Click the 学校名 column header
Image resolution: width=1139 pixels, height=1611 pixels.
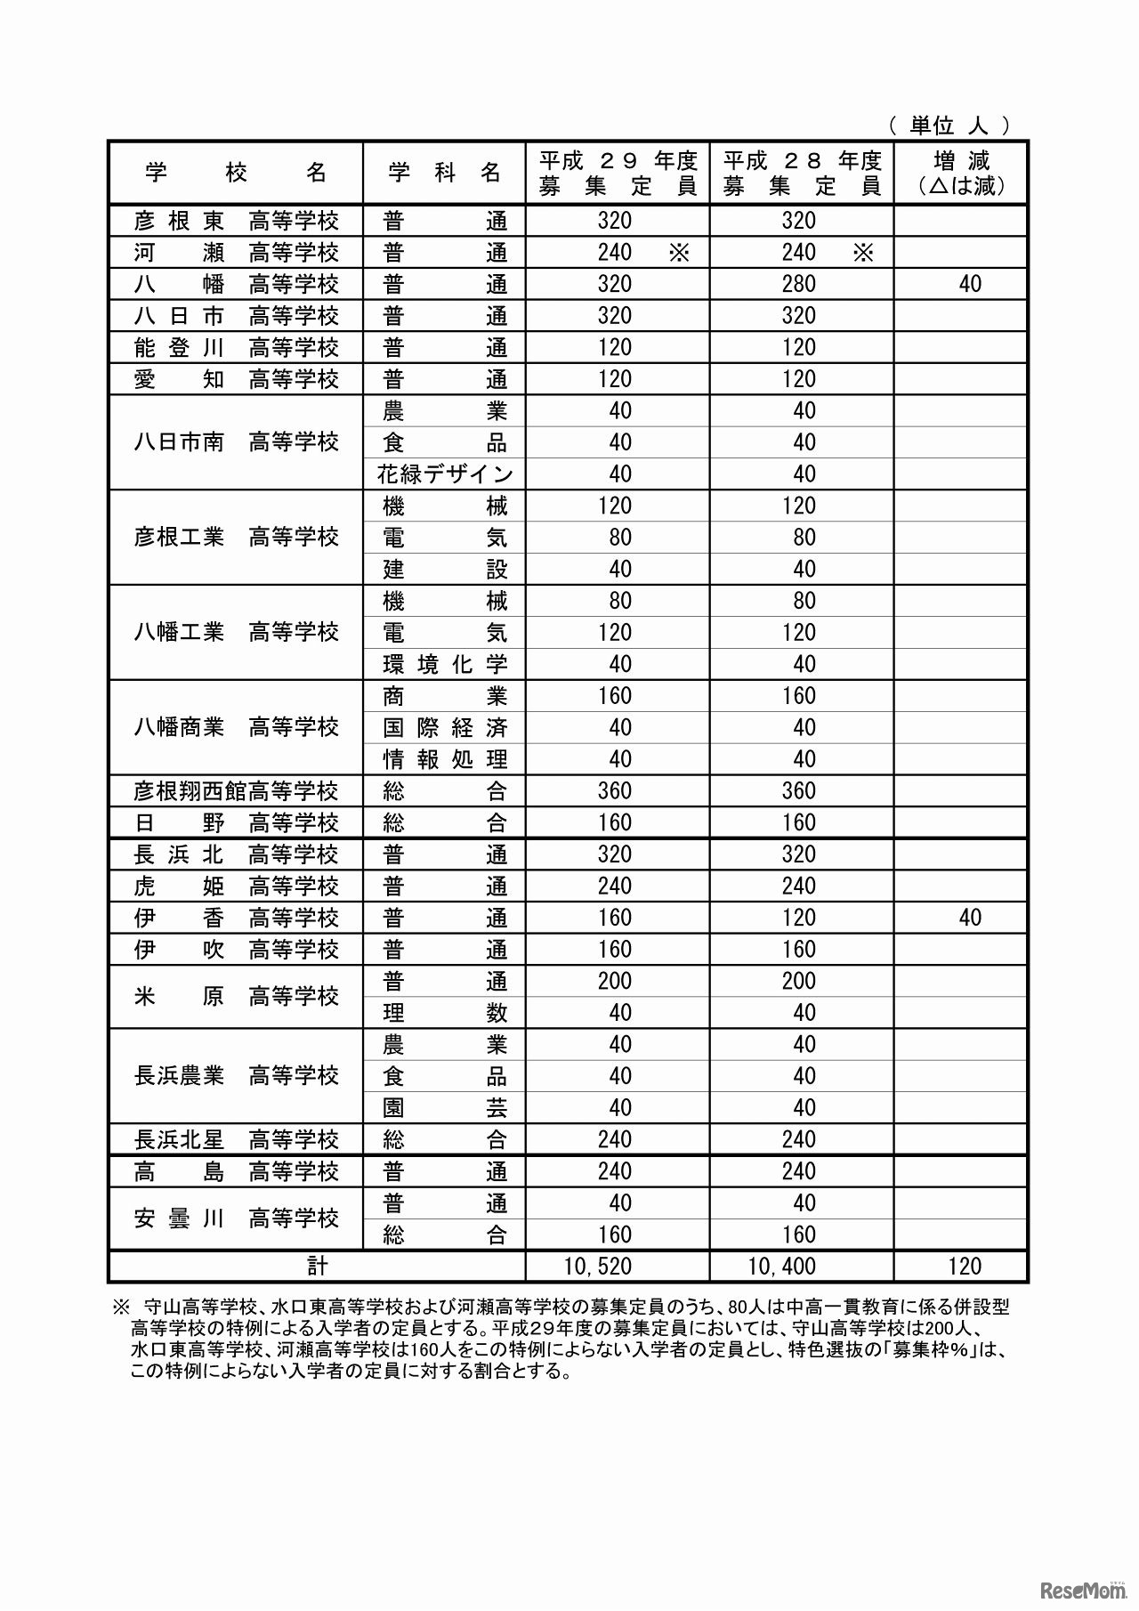(x=236, y=173)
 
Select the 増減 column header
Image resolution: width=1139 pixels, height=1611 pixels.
(x=961, y=173)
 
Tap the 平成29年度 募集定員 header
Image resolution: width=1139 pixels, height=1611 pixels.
(x=618, y=173)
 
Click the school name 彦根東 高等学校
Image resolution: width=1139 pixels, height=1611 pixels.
(x=236, y=220)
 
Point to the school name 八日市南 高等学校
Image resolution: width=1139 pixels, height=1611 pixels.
(x=236, y=441)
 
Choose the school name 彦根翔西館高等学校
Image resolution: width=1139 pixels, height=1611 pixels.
(x=236, y=790)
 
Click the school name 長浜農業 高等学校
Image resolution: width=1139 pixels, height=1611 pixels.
(x=236, y=1075)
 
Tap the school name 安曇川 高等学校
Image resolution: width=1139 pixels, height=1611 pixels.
(x=236, y=1218)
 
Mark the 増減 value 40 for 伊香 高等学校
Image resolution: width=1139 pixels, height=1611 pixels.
(x=970, y=917)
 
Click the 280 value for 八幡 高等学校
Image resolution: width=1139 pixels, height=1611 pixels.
(x=798, y=284)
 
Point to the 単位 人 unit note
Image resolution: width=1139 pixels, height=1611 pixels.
(x=949, y=125)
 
